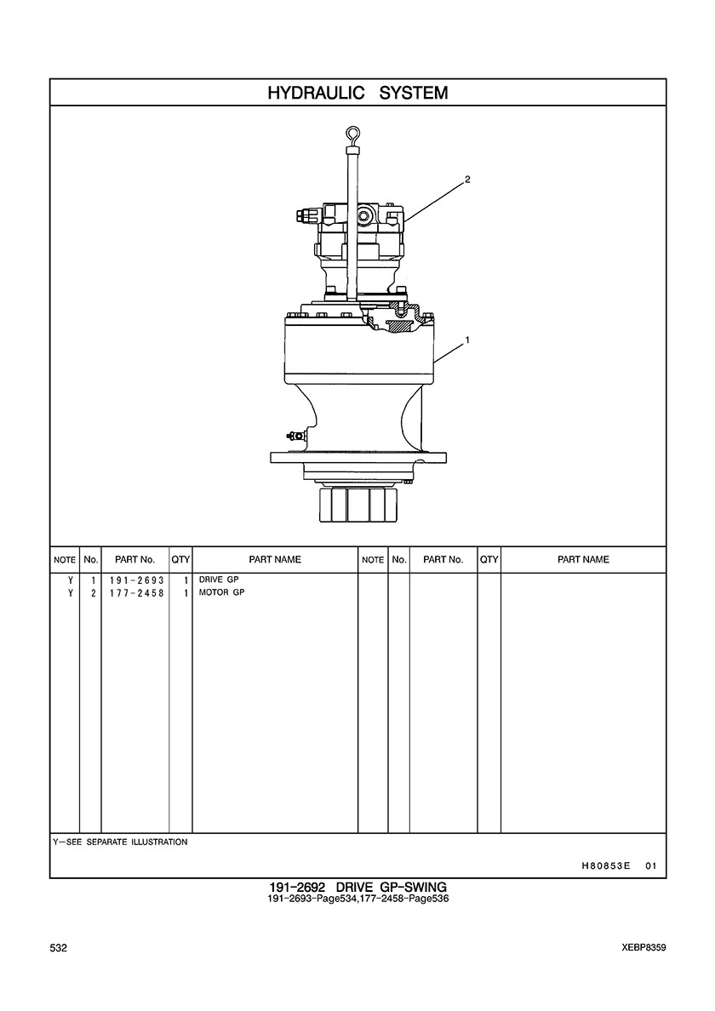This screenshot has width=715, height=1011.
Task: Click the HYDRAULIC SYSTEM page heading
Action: click(357, 93)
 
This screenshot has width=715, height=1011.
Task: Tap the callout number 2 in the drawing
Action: click(467, 180)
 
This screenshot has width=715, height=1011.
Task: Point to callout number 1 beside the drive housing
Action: click(467, 340)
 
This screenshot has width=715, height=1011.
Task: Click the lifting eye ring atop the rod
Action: click(352, 134)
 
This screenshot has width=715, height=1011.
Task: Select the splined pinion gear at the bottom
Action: click(358, 504)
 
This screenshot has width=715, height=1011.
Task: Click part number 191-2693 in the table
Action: click(137, 580)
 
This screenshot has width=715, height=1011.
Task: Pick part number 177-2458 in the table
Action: click(137, 593)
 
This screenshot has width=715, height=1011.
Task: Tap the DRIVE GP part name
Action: click(219, 580)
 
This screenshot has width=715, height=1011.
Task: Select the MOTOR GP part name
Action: click(222, 592)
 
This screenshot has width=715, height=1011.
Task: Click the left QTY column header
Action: click(180, 560)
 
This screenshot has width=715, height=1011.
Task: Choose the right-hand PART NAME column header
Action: click(583, 560)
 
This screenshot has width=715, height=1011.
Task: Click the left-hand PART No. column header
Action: click(134, 560)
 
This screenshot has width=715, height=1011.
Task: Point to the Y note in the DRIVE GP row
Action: click(71, 580)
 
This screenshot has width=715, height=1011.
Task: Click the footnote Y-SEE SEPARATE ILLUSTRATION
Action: click(121, 842)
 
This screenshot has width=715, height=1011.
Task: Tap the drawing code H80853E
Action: click(605, 866)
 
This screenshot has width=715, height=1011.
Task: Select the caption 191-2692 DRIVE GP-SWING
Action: click(357, 888)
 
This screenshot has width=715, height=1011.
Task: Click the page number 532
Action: click(59, 948)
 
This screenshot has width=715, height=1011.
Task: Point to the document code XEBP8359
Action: click(644, 948)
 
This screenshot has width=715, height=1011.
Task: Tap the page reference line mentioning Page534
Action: click(357, 898)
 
